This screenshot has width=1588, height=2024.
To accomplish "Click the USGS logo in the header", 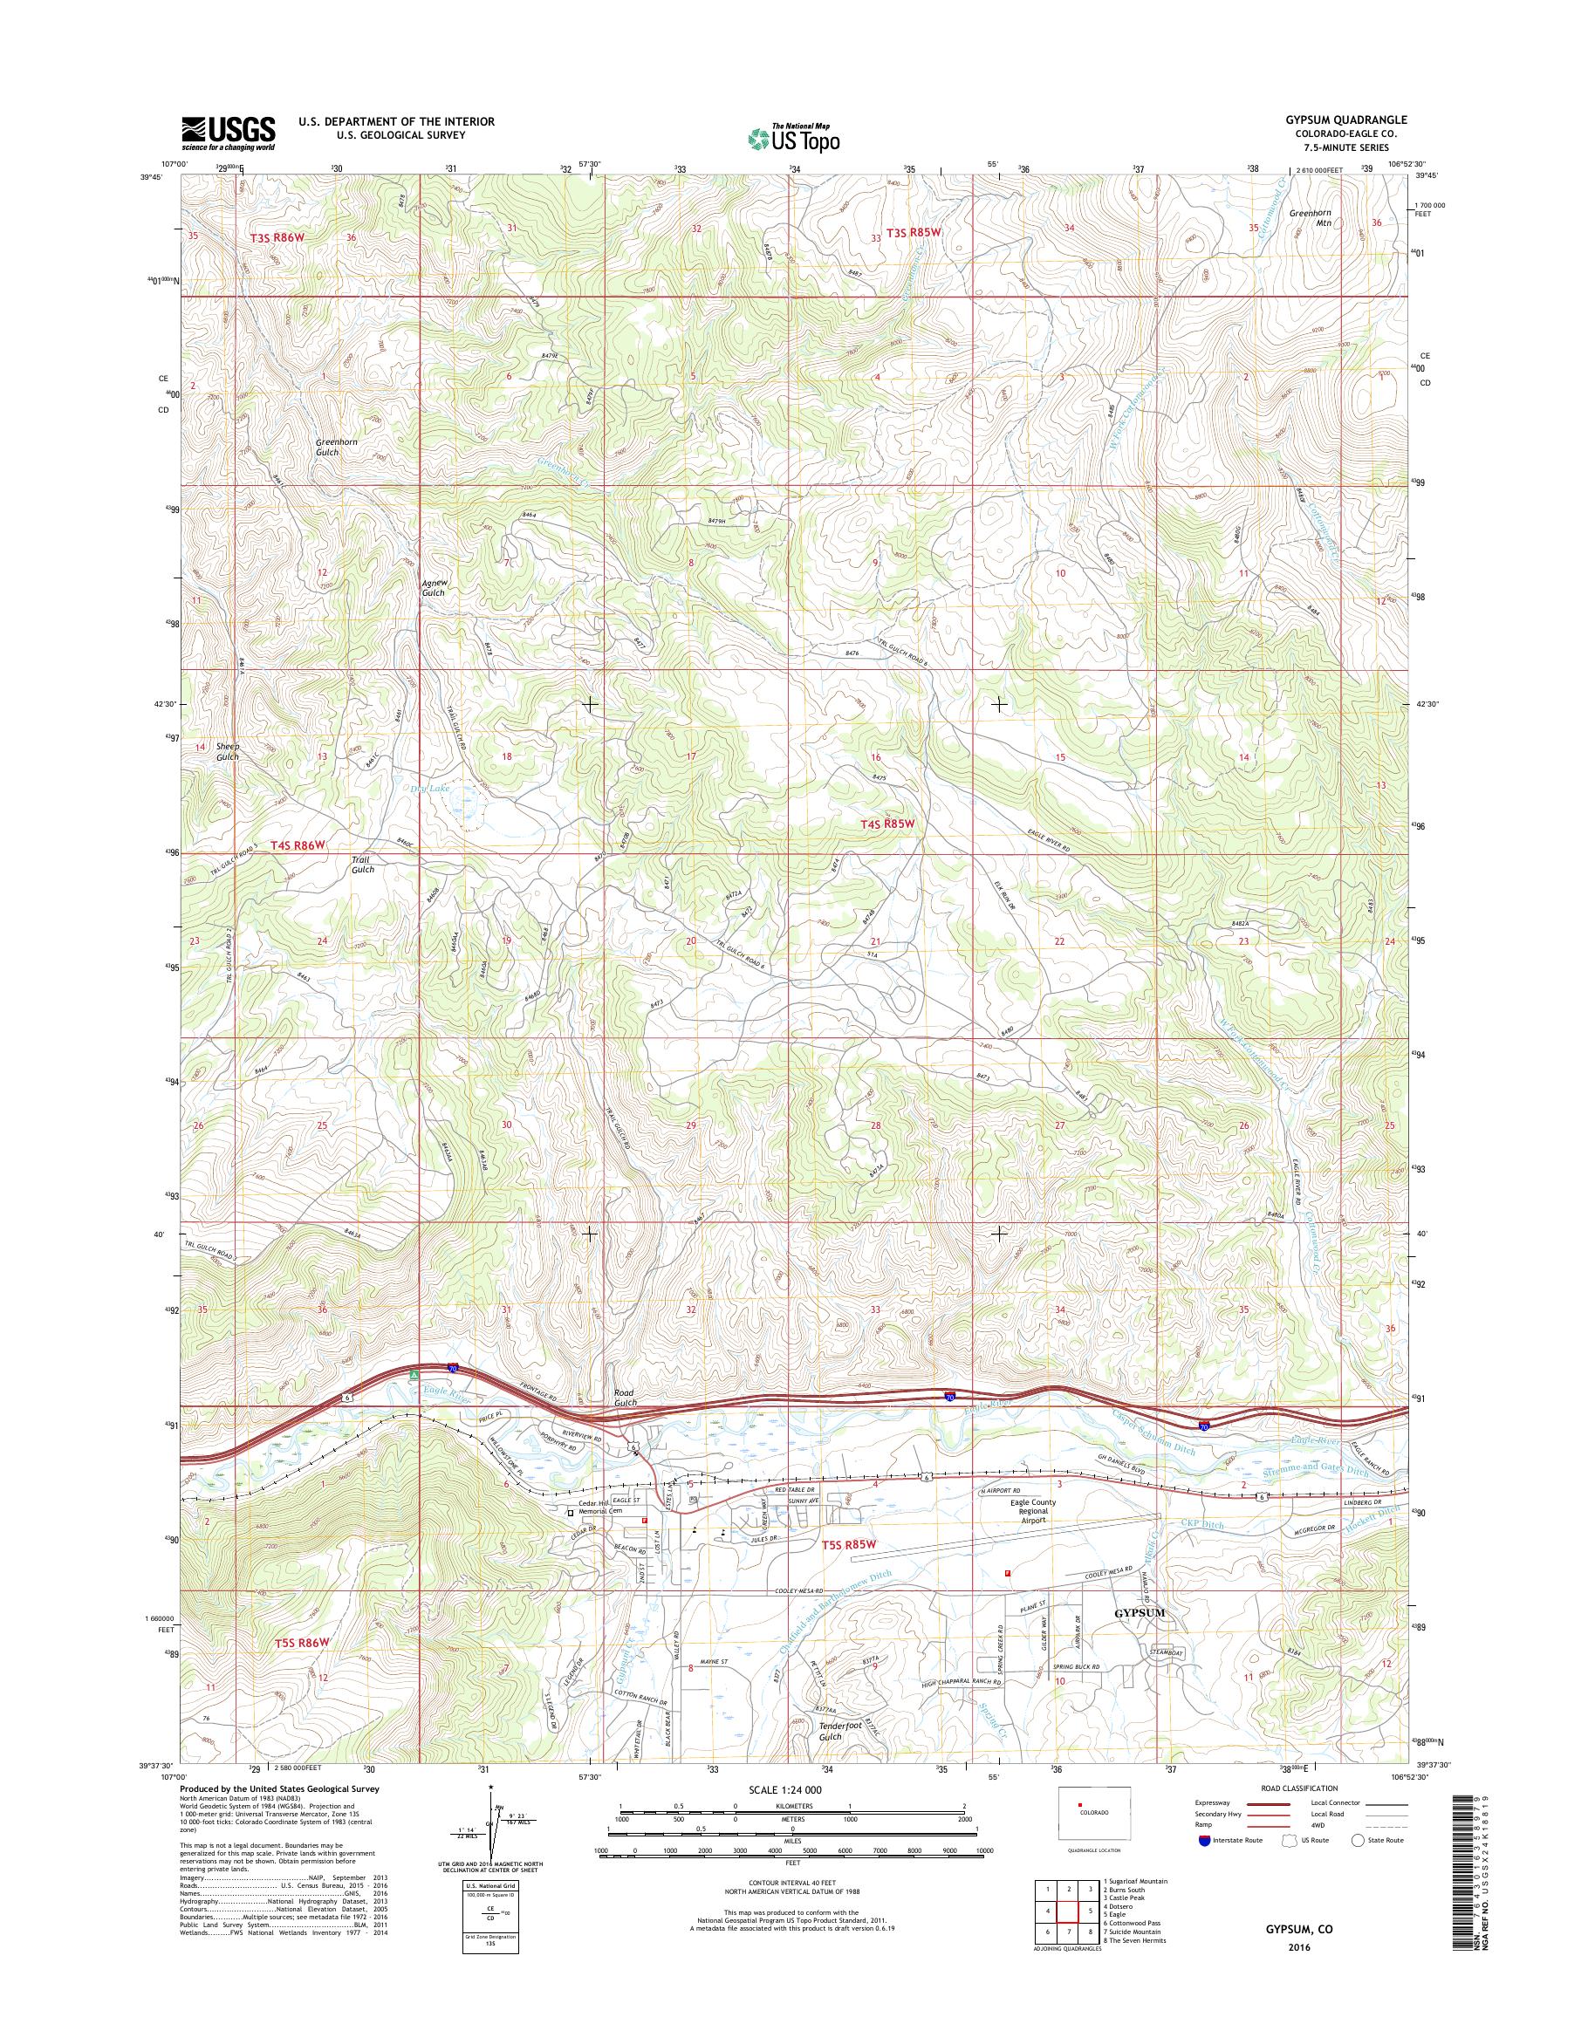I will [x=228, y=133].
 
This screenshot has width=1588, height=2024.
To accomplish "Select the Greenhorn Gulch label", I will [x=339, y=448].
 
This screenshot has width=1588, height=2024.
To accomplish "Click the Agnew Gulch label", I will [x=434, y=586].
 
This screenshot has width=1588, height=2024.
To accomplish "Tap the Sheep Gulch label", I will [x=228, y=751].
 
